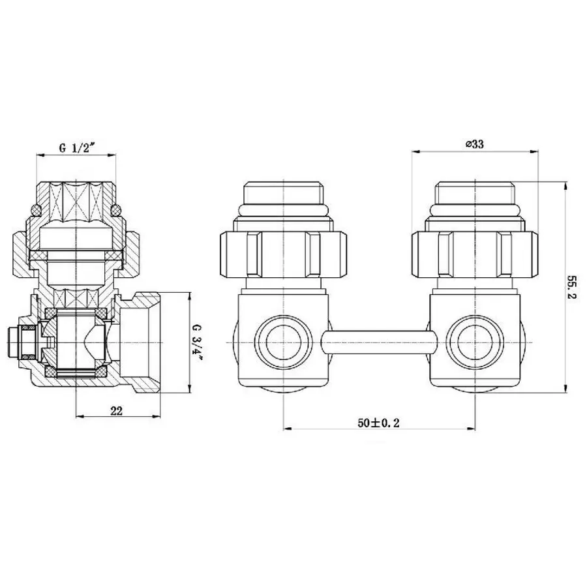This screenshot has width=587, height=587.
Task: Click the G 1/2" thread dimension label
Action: tap(77, 147)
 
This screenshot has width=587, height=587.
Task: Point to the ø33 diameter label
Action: tap(474, 145)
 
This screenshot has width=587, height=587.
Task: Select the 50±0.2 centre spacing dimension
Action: tap(378, 423)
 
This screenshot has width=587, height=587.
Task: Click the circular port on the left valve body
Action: tap(282, 342)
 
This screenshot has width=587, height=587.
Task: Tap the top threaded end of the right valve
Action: tap(474, 192)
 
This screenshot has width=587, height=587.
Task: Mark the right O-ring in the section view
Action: tap(117, 209)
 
